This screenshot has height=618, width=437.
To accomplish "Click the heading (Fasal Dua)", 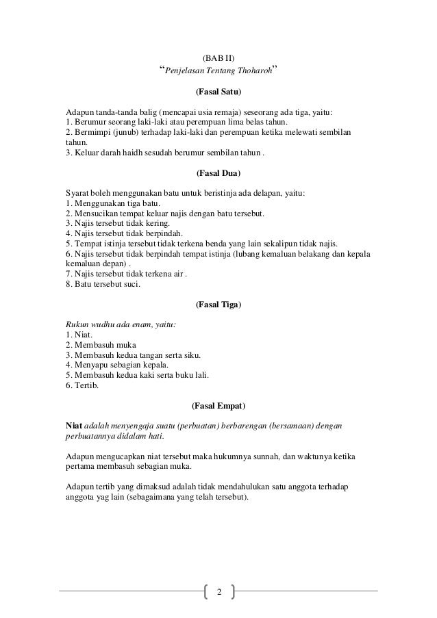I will [218, 174].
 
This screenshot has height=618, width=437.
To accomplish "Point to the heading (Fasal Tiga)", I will [218, 304].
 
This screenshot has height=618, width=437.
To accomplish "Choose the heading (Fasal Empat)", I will [218, 405].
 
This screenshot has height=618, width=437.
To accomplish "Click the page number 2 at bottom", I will [218, 591].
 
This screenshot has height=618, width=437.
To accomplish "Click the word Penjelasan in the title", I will [188, 71].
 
